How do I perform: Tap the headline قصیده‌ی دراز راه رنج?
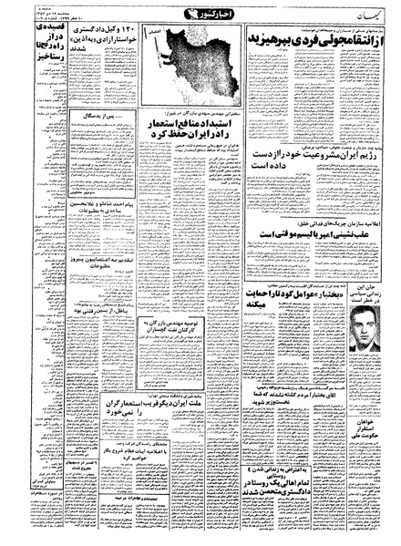(x=21, y=41)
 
